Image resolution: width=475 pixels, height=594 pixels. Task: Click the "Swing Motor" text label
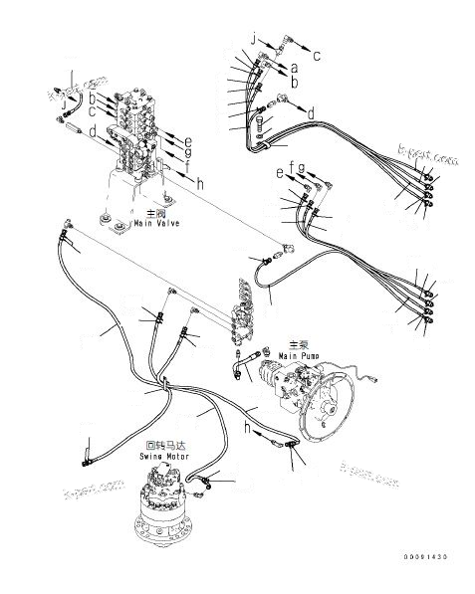tap(166, 454)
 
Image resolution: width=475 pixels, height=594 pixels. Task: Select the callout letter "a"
tap(295, 68)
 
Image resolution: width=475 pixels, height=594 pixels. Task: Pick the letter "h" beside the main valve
tap(200, 182)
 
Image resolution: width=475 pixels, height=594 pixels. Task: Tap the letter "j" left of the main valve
tap(64, 102)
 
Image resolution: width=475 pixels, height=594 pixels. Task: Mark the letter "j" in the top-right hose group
tap(255, 38)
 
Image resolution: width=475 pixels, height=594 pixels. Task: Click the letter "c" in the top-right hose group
tap(317, 55)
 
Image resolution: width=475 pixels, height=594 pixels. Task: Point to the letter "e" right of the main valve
tap(186, 142)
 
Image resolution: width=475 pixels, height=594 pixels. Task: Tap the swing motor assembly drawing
tap(166, 507)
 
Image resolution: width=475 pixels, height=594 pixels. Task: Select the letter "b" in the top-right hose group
tap(295, 84)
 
